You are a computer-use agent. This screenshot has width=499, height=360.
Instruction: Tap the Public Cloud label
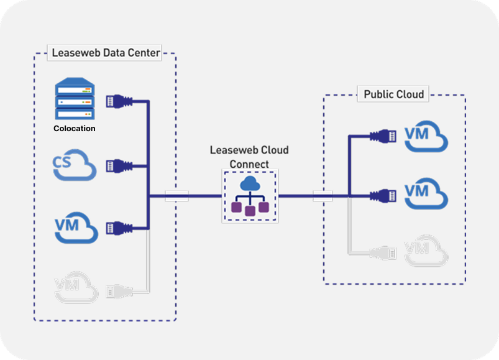pos(394,95)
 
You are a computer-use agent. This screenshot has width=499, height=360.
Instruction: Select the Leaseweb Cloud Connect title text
pos(249,157)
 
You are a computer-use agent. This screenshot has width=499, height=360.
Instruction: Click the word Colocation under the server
pos(74,129)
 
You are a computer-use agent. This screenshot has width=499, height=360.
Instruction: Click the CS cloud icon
pos(73,165)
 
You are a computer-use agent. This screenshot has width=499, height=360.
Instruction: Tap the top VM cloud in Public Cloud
pos(426,137)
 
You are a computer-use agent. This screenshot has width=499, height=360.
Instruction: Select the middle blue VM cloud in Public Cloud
pos(426,192)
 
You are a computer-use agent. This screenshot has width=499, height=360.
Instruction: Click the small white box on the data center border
pos(176,196)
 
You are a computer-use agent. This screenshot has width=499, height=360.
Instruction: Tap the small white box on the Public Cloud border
pos(323,196)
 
